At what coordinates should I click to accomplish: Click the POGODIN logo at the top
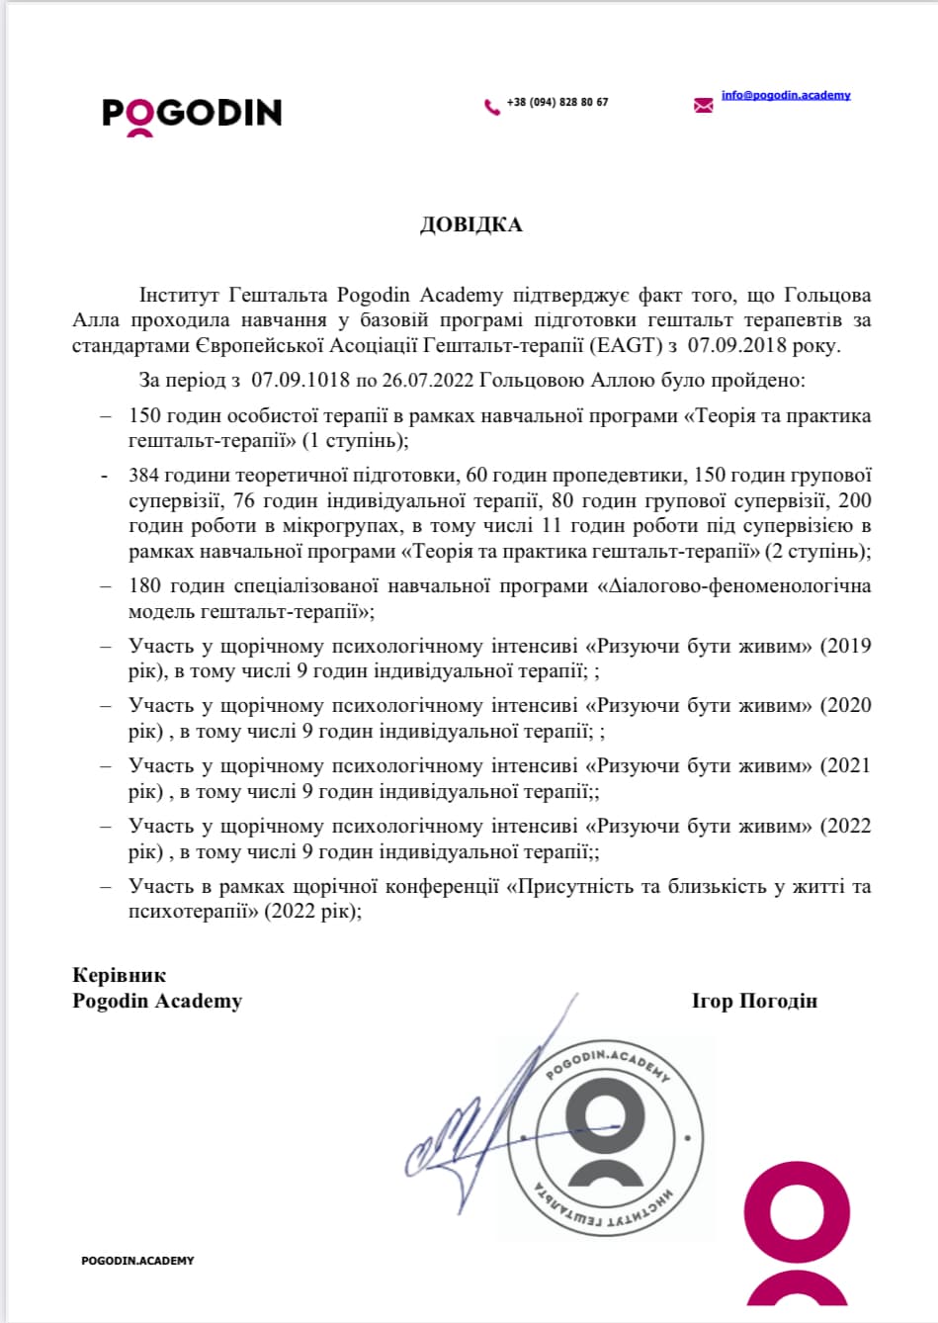[192, 114]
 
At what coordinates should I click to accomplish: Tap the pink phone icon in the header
[491, 107]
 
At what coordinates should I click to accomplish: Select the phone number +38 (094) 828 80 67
[557, 103]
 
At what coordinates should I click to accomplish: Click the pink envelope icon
[703, 105]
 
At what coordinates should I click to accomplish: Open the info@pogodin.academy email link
[786, 95]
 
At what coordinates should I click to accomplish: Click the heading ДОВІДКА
[470, 224]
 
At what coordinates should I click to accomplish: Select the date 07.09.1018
[300, 380]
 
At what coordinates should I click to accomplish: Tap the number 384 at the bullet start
[144, 476]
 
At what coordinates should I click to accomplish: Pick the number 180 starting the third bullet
[144, 586]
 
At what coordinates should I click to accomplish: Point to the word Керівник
[120, 976]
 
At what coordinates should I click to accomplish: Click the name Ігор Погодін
[754, 1002]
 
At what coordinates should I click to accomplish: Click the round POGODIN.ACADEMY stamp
[606, 1137]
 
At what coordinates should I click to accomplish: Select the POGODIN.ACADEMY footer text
[137, 1261]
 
